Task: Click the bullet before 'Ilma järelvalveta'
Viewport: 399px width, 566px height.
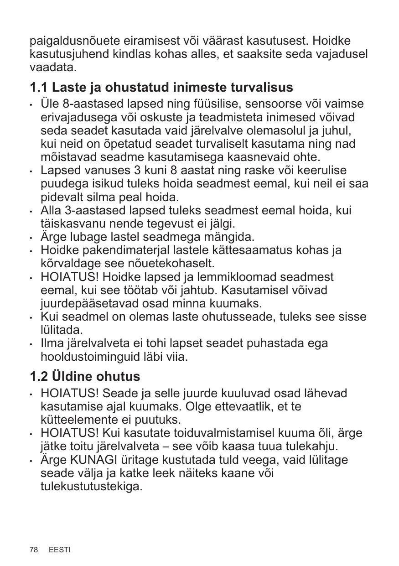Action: coord(31,344)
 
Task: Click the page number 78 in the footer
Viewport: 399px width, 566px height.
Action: coord(33,550)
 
